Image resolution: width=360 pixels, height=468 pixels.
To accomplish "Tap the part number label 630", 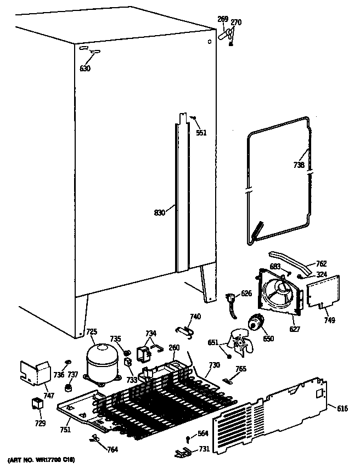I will (85, 69).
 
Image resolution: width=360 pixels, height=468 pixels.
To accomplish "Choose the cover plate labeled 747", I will (33, 373).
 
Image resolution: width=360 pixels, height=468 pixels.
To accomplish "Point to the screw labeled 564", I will (188, 437).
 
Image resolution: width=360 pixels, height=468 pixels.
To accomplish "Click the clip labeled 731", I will (183, 452).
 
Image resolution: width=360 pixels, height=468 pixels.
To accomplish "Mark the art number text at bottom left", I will (42, 459).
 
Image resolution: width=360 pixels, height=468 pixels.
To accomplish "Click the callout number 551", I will (201, 133).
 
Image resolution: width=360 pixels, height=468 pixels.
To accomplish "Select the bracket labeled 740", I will (185, 329).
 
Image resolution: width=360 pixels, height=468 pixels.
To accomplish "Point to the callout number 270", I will (235, 22).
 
